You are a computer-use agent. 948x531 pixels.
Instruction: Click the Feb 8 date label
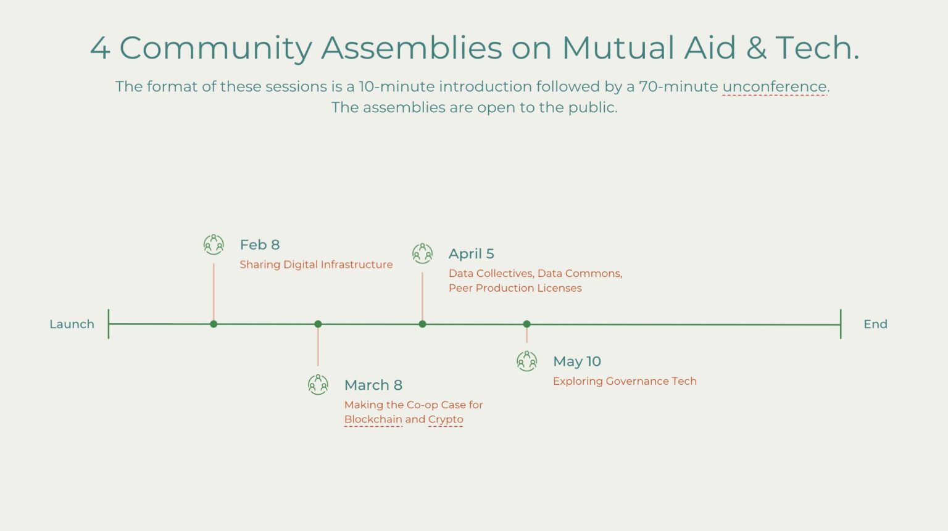pos(260,245)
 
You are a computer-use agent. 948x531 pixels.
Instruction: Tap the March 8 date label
pos(373,385)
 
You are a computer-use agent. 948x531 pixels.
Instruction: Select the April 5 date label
pos(472,253)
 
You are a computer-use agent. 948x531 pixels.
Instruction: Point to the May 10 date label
pos(577,361)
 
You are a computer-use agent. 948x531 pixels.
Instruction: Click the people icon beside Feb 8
pos(214,245)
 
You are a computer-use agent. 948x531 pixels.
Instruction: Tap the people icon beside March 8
pos(318,385)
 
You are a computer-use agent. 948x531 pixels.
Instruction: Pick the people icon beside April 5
pos(422,253)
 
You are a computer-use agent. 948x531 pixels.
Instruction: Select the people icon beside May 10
pos(526,361)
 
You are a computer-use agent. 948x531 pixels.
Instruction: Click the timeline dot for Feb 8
pos(214,324)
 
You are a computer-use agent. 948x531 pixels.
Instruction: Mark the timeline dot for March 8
pos(318,324)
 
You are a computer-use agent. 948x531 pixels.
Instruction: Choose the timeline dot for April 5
pos(422,324)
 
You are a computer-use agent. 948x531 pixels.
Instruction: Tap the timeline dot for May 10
pos(526,324)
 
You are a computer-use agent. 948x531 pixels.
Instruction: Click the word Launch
pos(72,324)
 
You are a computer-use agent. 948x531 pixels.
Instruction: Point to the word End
pos(875,324)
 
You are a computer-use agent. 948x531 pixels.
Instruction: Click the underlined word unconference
pos(774,86)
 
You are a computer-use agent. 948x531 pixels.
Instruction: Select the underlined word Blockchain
pos(373,419)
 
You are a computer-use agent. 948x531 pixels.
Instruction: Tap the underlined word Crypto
pos(446,419)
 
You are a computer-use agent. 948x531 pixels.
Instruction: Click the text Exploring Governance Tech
pos(625,381)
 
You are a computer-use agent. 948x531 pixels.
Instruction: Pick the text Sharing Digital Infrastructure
pos(316,265)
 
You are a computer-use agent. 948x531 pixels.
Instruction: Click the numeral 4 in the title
pos(100,48)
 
